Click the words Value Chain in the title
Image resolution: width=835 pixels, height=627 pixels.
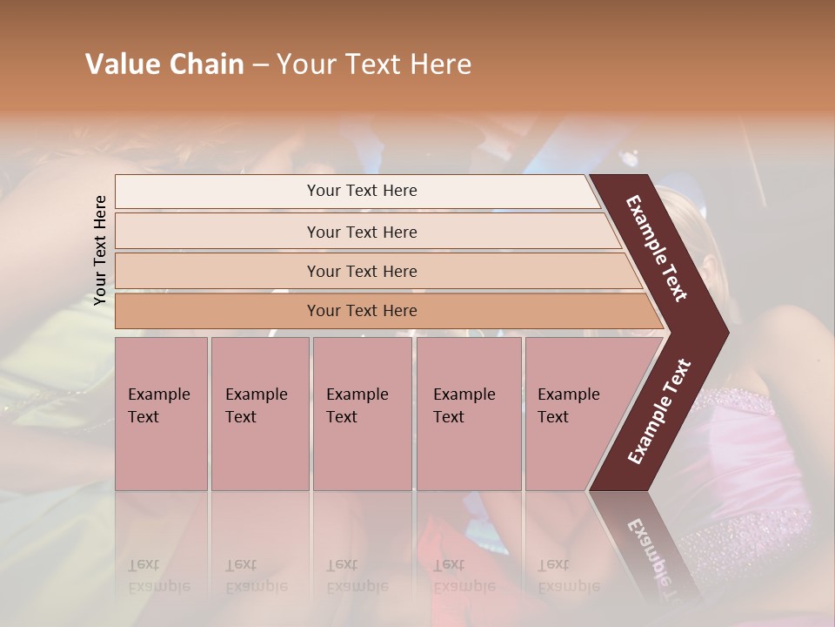pyautogui.click(x=164, y=64)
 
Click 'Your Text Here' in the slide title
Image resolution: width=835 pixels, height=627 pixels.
pyautogui.click(x=374, y=64)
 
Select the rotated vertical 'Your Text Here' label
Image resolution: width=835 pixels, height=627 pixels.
pyautogui.click(x=100, y=250)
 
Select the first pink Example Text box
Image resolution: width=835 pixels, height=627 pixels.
pyautogui.click(x=161, y=414)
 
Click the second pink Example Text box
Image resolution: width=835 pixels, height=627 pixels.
pyautogui.click(x=259, y=414)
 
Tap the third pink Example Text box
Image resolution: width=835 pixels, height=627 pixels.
pyautogui.click(x=362, y=414)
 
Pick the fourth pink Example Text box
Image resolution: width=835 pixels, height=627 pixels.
pyautogui.click(x=469, y=414)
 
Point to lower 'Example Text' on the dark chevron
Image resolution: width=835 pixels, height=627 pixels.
pyautogui.click(x=659, y=412)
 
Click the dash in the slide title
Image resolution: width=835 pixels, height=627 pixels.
pyautogui.click(x=260, y=65)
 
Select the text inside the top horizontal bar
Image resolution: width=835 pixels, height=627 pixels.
pyautogui.click(x=362, y=191)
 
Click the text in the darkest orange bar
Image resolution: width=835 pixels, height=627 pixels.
pyautogui.click(x=362, y=311)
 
